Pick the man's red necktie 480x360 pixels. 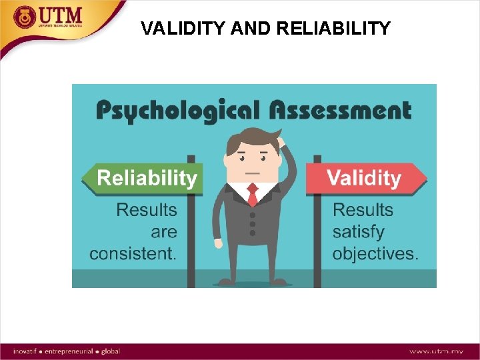[253, 195]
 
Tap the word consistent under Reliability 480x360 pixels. [133, 254]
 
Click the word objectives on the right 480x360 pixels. [375, 254]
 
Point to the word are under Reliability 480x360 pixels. [164, 232]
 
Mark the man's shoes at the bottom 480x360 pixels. [252, 283]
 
